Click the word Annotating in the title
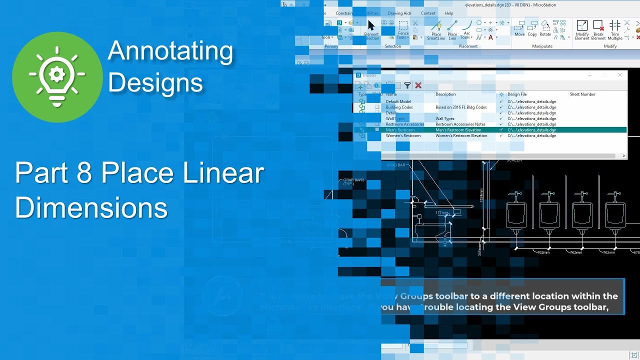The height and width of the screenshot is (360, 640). click(170, 51)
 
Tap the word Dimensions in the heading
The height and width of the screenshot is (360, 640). click(91, 207)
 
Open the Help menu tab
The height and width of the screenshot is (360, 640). click(449, 13)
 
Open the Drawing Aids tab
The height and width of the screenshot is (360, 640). click(399, 13)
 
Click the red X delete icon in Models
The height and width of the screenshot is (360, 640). click(418, 85)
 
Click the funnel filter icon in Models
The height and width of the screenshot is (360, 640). click(407, 85)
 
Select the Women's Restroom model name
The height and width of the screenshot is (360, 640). click(403, 135)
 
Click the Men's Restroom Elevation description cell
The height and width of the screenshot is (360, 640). click(458, 130)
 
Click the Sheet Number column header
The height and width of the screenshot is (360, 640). click(582, 94)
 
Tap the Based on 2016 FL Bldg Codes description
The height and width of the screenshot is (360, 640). click(461, 107)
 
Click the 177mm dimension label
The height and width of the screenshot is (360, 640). click(441, 213)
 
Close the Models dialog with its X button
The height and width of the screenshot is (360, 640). click(620, 75)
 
